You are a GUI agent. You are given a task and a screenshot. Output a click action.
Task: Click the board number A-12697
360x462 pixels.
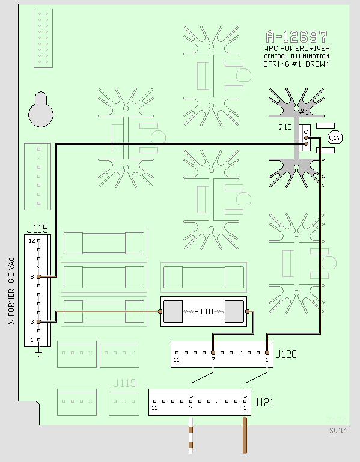[x=296, y=37]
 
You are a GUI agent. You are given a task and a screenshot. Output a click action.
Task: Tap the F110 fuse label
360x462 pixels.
[x=204, y=311]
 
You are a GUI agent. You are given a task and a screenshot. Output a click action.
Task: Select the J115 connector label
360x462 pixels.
[x=37, y=229]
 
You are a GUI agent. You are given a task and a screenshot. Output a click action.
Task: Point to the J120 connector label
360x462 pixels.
[x=286, y=354]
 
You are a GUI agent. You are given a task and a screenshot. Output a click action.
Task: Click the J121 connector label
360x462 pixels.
[x=264, y=402]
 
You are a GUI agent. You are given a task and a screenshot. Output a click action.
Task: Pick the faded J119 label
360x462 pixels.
[x=124, y=383]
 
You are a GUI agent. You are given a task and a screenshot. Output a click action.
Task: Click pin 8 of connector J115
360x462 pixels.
[x=38, y=277]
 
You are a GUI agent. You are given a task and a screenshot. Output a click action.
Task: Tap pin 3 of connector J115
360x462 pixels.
[x=38, y=322]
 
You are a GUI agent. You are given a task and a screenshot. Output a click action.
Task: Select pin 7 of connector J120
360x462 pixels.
[x=213, y=353]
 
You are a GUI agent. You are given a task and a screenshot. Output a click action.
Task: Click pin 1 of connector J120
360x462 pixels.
[x=267, y=353]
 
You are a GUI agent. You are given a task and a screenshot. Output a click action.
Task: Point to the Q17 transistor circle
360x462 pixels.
[x=335, y=138]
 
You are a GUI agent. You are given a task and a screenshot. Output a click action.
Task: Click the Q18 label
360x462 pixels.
[x=285, y=127]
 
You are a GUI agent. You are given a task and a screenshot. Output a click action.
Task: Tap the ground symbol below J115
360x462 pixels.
[x=38, y=354]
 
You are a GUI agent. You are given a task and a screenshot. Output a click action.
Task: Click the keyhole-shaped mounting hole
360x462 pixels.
[x=41, y=109]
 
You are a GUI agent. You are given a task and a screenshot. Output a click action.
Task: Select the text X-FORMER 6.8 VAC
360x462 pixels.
[x=11, y=291]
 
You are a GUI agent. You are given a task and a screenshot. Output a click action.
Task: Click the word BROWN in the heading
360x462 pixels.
[x=317, y=64]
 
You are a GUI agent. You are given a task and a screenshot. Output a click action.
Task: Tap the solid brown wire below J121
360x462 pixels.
[x=245, y=435]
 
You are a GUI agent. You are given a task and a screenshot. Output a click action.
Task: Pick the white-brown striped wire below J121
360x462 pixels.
[x=191, y=435]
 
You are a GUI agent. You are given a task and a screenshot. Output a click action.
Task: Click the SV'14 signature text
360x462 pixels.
[x=338, y=431]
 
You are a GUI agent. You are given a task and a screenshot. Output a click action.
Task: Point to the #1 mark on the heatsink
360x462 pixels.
[x=304, y=112]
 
